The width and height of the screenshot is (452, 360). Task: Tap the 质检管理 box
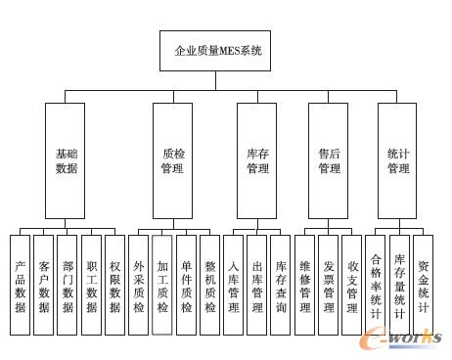coord(172,160)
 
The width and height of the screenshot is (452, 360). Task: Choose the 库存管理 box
coord(257,160)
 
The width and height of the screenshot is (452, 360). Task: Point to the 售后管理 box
coord(329,160)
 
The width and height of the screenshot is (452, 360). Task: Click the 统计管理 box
coord(397,160)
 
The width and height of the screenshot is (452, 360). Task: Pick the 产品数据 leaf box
coord(21,285)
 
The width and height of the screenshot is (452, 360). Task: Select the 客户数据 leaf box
coord(44,285)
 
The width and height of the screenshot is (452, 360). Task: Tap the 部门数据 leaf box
coord(68,285)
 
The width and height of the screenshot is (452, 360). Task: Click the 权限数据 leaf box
coord(115,285)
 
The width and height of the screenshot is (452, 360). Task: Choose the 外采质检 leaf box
coord(139,285)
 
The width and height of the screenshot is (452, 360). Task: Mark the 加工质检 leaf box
coord(162,285)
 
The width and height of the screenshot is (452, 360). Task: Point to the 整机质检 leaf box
coord(209,285)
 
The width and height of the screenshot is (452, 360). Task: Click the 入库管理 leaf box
coord(233,285)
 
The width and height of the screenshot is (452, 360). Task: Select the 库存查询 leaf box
coord(281,285)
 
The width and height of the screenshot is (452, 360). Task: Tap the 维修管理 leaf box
coord(304,285)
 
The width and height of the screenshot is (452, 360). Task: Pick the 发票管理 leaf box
coord(328,285)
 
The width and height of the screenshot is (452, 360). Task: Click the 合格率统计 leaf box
coord(376,285)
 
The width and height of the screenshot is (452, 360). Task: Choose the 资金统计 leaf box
coord(423,285)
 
